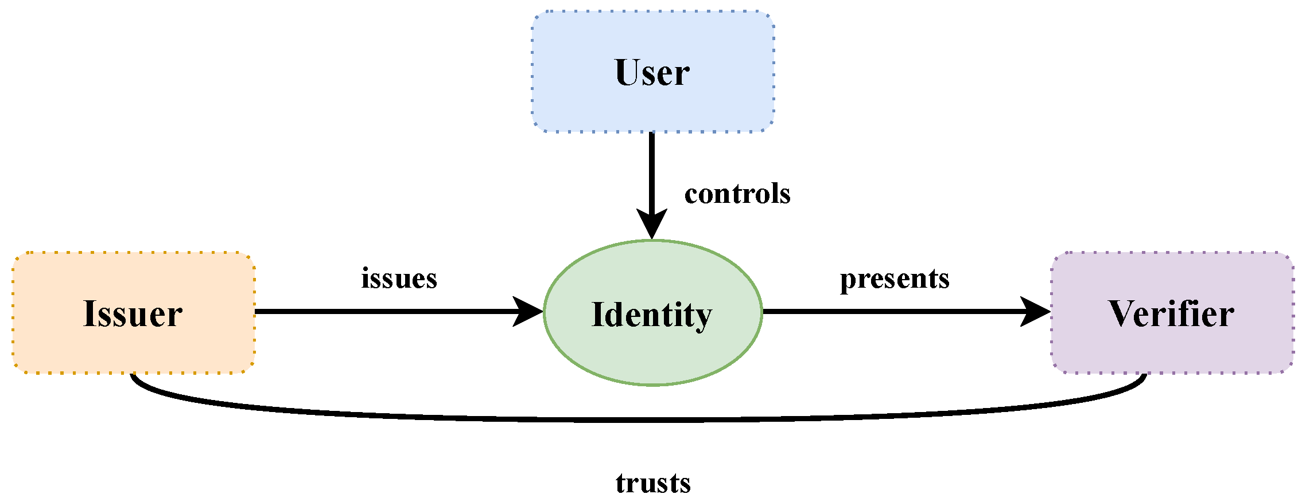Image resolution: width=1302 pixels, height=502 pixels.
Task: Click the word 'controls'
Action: click(737, 194)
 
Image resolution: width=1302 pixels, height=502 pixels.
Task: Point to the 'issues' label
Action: click(399, 279)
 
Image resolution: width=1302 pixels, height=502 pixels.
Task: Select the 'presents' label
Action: click(894, 279)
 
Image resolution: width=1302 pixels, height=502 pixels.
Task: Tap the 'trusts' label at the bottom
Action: click(653, 483)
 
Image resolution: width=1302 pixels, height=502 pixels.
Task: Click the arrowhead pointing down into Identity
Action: click(652, 225)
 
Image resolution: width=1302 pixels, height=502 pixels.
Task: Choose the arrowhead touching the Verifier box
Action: click(1036, 312)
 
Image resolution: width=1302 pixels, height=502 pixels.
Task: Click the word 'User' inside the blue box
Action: click(652, 73)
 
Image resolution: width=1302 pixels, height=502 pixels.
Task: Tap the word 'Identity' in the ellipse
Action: click(652, 315)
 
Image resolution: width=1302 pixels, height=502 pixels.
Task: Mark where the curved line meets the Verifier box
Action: click(1145, 375)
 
